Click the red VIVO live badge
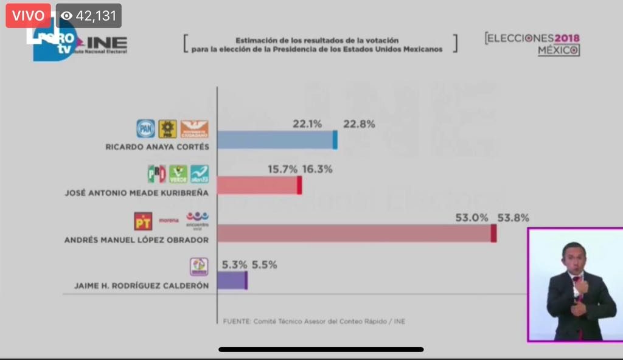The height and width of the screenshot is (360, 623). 28,16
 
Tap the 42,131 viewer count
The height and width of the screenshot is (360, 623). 89,16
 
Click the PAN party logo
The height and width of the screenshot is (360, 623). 145,129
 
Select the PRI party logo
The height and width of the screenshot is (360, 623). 157,174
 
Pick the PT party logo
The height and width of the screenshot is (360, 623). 143,221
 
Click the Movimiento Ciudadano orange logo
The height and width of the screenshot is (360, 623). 195,129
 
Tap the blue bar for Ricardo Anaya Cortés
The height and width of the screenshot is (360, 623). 277,140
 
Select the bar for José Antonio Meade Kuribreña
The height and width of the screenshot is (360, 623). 259,185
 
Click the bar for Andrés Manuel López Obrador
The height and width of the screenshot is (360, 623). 356,233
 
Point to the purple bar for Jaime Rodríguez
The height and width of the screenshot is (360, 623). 232,280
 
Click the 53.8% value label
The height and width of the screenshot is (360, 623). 513,217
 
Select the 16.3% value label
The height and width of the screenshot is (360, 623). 317,170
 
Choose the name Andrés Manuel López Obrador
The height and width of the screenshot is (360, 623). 136,240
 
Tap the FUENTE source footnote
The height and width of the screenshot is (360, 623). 314,321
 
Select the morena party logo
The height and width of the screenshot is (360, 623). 169,220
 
